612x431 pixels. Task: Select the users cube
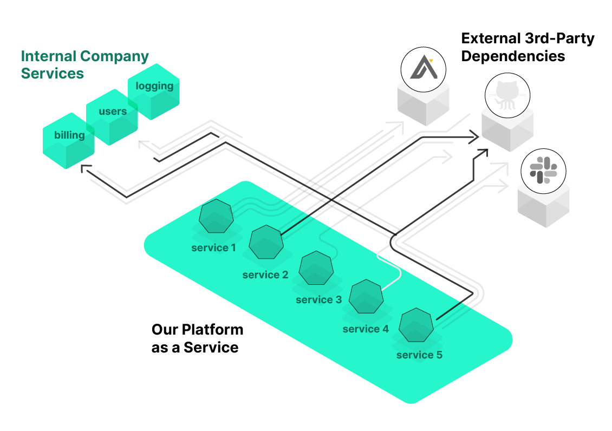pos(113,117)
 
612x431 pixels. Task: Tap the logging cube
pos(154,92)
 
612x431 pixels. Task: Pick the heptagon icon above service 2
pos(266,242)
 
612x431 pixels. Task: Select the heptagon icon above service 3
pos(316,268)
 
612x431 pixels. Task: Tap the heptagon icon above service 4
pos(366,296)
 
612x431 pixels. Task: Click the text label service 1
pos(213,248)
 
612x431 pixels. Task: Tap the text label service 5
pos(419,355)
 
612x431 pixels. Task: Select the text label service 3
pos(318,299)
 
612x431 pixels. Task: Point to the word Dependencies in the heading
pos(513,56)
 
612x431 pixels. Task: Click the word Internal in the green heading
pos(48,56)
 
